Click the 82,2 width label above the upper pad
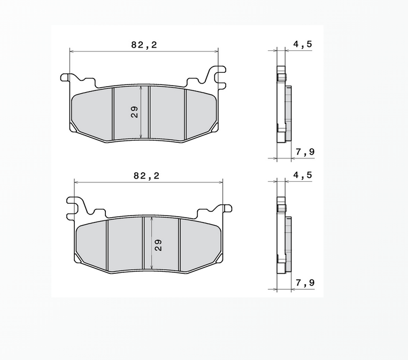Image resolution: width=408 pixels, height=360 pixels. click(144, 45)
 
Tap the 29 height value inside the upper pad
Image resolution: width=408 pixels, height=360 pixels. click(134, 112)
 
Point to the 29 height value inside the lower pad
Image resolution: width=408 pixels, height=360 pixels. click(158, 245)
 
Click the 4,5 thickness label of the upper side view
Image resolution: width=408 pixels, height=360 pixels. click(302, 45)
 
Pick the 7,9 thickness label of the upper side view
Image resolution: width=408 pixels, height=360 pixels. click(305, 152)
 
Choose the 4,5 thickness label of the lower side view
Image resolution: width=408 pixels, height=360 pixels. click(302, 175)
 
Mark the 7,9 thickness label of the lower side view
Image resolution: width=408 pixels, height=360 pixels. click(305, 283)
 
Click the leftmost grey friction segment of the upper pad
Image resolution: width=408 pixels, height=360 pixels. click(91, 113)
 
